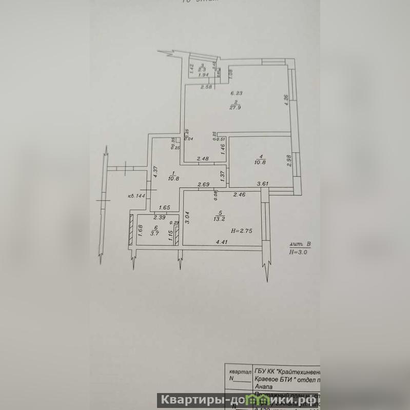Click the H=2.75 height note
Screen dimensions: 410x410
242,231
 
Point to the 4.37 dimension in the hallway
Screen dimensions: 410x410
154,170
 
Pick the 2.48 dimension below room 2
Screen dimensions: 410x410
202,159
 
